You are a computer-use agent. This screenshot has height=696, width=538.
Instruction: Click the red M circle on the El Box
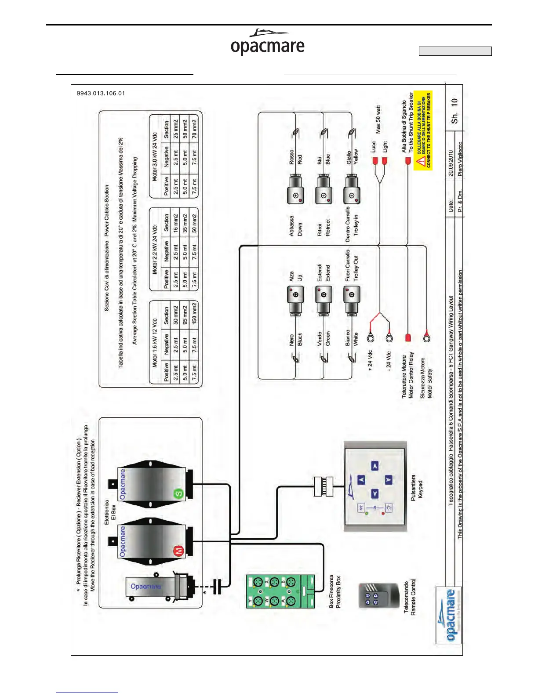[x=178, y=551]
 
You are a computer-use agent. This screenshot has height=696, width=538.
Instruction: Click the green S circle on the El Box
[x=178, y=493]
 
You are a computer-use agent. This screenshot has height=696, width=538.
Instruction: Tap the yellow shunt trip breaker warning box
[x=423, y=130]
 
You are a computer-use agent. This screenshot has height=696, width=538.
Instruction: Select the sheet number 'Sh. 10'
[x=454, y=110]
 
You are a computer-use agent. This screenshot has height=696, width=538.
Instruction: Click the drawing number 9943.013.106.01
[x=101, y=93]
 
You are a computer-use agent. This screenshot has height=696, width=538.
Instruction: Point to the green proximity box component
[x=280, y=591]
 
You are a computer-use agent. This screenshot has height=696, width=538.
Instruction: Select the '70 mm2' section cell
[x=194, y=129]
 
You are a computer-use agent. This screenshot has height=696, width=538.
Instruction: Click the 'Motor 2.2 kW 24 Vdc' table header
[x=154, y=250]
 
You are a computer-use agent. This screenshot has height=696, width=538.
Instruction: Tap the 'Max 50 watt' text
[x=378, y=119]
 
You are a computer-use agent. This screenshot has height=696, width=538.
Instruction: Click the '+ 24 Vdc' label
[x=370, y=361]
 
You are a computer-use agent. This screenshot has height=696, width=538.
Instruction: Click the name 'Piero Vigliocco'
[x=459, y=159]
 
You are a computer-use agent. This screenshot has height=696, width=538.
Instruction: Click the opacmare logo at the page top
[x=268, y=43]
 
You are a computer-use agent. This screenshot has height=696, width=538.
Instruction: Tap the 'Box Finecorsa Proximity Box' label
[x=335, y=591]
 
